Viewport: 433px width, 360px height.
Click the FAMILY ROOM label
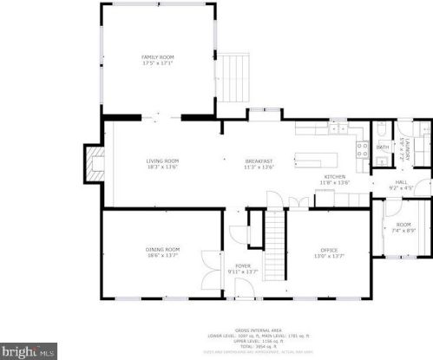pos(158,57)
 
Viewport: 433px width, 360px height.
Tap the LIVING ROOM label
pos(162,160)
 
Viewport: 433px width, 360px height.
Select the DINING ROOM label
pos(162,250)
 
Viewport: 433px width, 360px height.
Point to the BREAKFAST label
pos(259,160)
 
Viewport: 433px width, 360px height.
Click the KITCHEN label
pos(333,177)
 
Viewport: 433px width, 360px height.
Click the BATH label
pos(383,147)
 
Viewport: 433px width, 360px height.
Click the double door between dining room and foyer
pos(209,269)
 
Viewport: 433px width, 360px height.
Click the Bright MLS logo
pos(29,352)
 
